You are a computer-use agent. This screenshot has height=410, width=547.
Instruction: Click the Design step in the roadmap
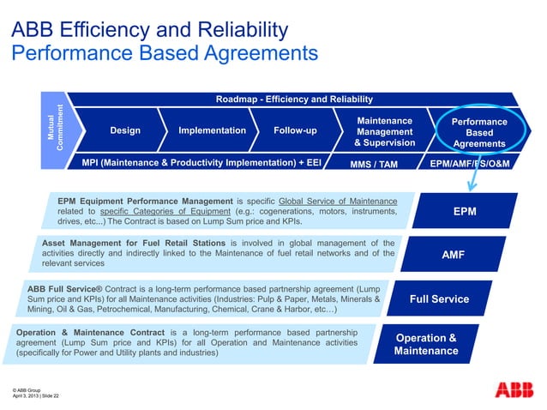coord(125,130)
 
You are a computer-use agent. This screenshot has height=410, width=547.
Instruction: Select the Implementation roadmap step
coord(212,130)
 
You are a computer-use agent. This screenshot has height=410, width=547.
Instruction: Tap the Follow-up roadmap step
coord(294,130)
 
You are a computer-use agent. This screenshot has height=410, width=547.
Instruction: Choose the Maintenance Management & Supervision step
coord(384,131)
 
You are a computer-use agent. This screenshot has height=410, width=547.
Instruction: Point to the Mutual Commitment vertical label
coord(55,130)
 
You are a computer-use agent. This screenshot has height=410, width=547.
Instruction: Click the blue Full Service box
coord(439,298)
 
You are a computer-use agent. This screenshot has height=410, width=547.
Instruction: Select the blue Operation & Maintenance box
coord(426,344)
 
